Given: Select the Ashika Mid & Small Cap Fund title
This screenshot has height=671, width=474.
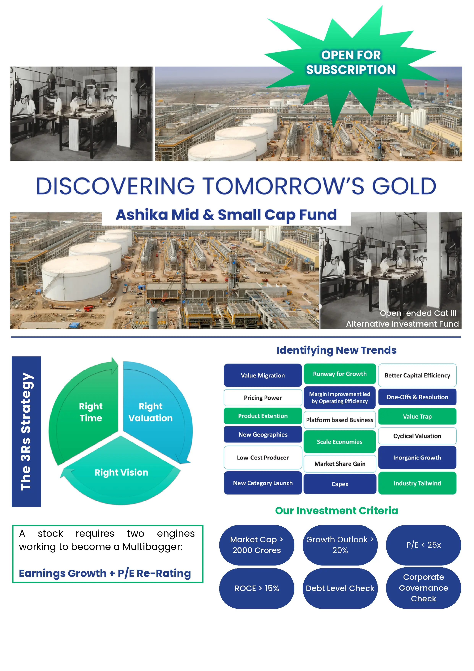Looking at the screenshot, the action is (226, 215).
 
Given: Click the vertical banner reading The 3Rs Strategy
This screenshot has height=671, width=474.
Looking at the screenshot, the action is (26, 431).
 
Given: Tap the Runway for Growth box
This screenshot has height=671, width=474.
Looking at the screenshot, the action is (340, 374).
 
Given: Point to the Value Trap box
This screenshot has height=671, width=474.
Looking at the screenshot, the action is (417, 416).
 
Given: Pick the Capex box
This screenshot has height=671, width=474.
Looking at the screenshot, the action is (340, 484).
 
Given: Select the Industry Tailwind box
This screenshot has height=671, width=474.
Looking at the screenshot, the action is (417, 483).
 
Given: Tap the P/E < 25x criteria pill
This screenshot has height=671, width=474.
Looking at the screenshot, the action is (424, 545).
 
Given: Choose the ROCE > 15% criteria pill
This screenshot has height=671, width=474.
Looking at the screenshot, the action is (257, 588).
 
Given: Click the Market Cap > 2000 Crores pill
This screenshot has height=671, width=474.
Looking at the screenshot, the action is (257, 545).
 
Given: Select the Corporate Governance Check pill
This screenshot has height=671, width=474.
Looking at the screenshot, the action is (424, 588).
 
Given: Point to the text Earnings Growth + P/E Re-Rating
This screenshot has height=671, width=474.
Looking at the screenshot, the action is (105, 573).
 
